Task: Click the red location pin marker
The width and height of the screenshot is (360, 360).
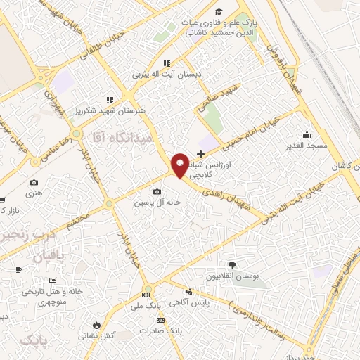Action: tap(179, 165)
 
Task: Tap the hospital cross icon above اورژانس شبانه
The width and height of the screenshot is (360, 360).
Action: tap(201, 153)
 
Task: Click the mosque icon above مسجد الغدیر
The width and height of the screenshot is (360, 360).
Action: tap(306, 135)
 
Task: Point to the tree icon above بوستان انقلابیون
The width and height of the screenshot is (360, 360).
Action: tap(233, 266)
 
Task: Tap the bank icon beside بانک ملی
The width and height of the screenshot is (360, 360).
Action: tap(146, 295)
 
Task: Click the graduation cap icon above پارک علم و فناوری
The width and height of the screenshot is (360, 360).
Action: tap(219, 11)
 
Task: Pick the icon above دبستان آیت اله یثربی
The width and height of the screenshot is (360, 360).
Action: tap(166, 63)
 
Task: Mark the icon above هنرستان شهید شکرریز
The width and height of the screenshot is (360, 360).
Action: tap(110, 100)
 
